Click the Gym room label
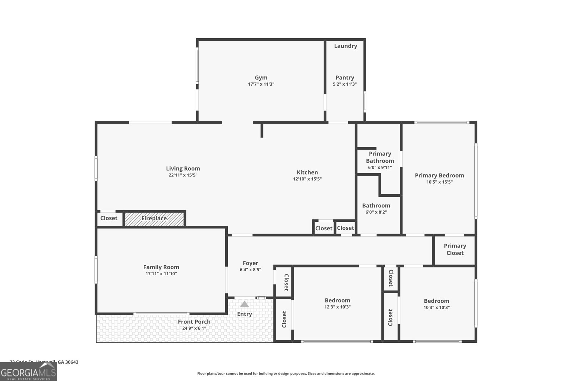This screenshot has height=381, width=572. click(261, 77)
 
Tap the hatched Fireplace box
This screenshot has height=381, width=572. click(154, 219)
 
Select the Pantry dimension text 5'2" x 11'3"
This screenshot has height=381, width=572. click(345, 84)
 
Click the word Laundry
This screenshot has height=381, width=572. click(345, 46)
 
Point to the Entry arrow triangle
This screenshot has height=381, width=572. click(245, 304)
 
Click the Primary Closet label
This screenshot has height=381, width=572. click(455, 249)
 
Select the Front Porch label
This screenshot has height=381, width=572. click(194, 322)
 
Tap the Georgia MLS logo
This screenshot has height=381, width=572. click(28, 372)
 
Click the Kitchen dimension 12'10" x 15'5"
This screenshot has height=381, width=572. click(307, 179)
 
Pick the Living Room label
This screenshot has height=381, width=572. click(183, 169)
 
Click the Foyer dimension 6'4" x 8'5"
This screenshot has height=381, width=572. click(250, 270)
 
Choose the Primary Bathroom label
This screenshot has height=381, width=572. click(380, 157)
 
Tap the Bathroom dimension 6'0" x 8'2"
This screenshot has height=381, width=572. click(376, 212)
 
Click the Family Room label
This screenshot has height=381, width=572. click(161, 267)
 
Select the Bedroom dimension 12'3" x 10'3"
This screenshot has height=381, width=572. click(337, 307)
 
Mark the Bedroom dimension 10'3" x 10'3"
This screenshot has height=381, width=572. click(437, 307)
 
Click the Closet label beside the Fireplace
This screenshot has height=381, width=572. click(109, 218)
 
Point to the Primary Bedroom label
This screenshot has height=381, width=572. click(439, 175)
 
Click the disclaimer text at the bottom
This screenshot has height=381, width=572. click(286, 374)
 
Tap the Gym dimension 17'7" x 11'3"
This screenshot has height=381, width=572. click(261, 84)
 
